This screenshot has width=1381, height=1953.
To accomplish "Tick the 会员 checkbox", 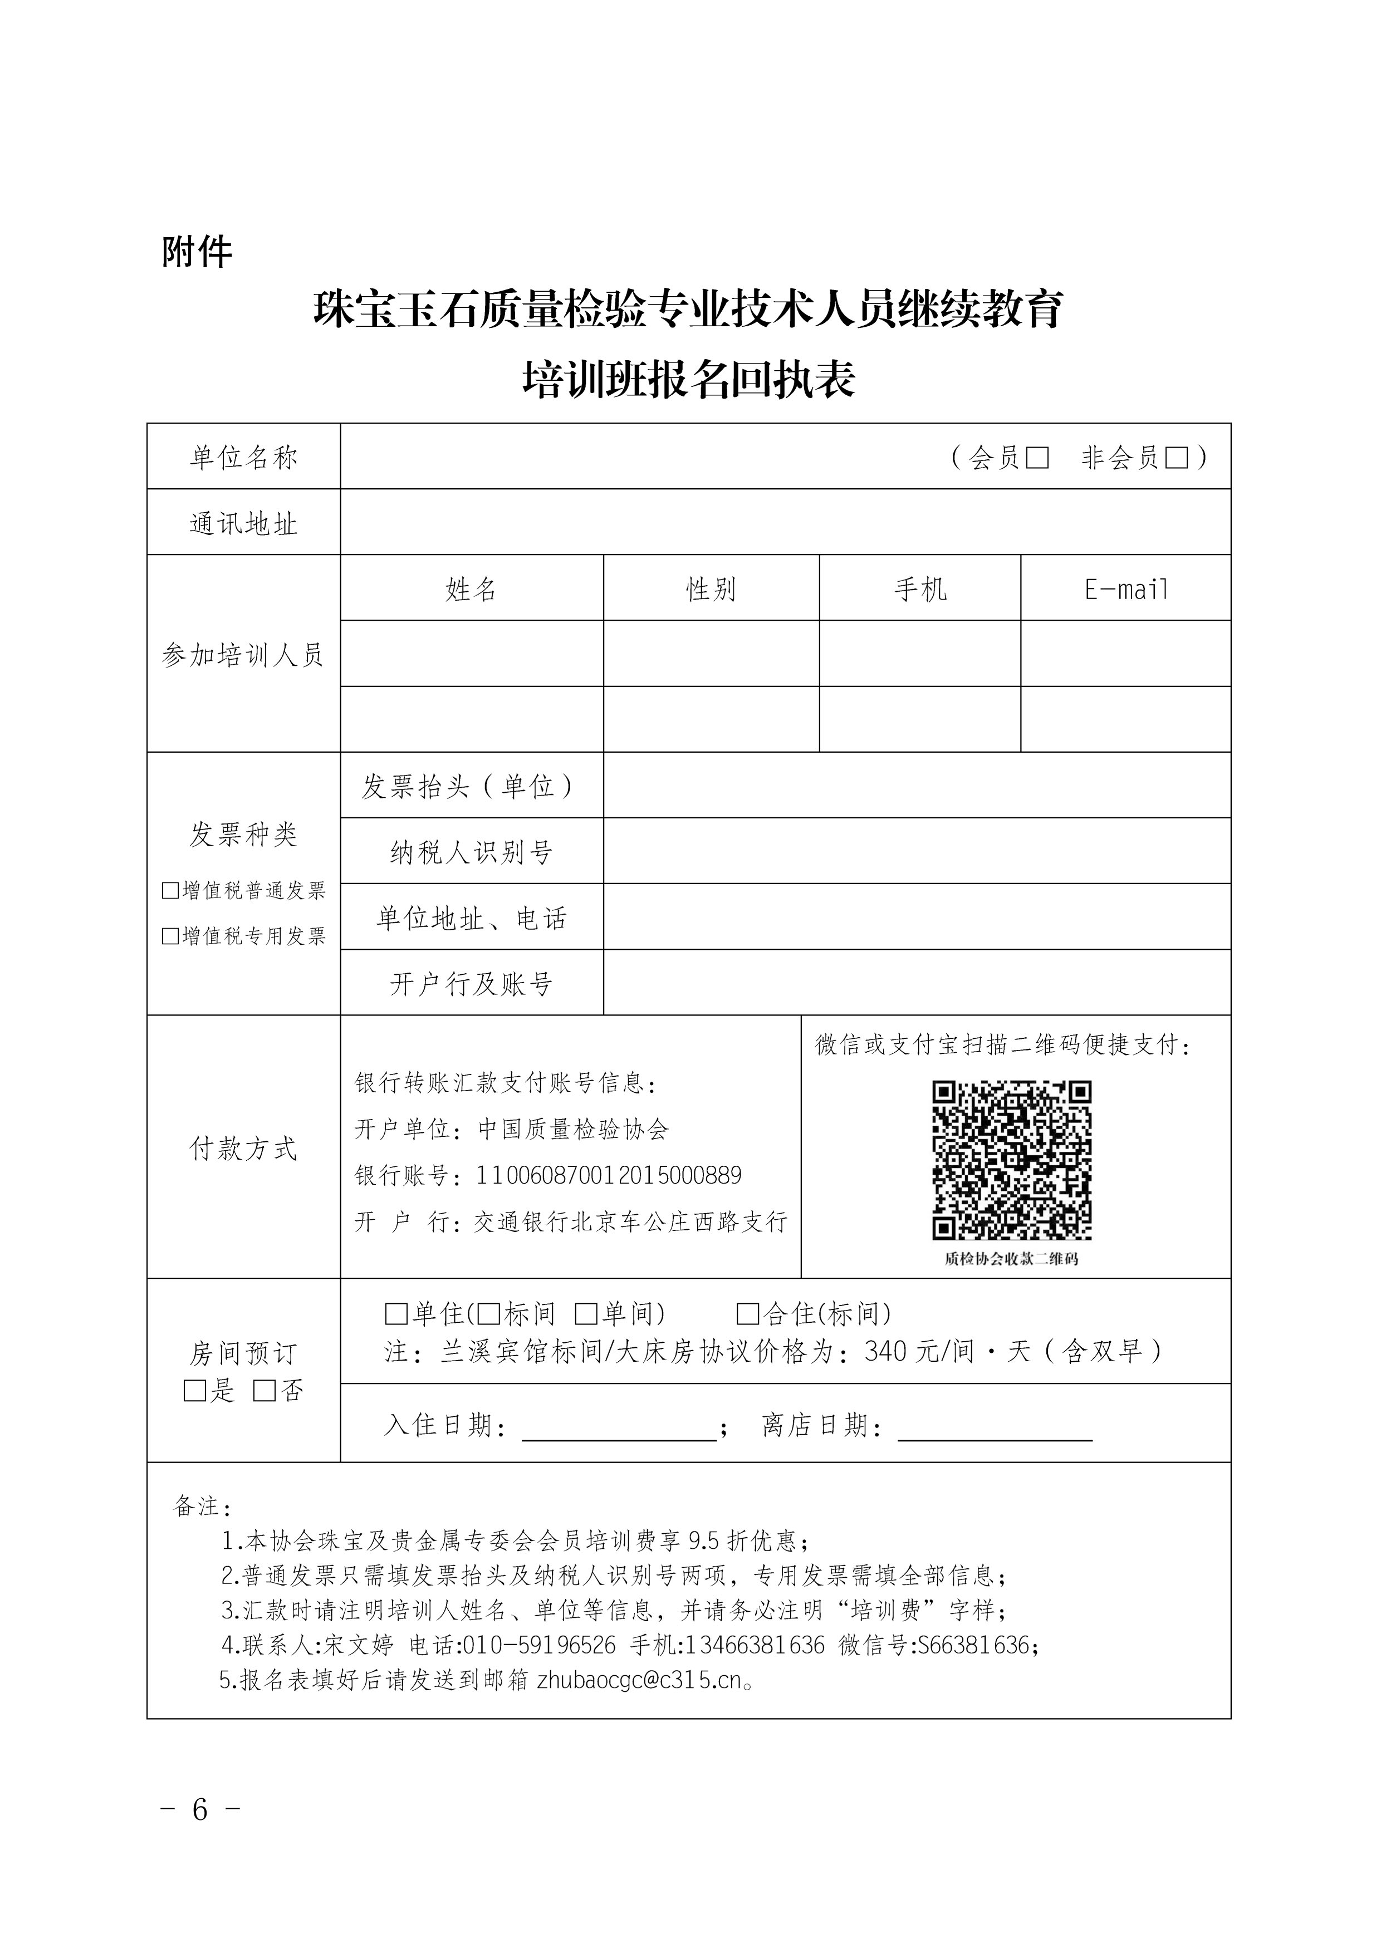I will [x=1037, y=458].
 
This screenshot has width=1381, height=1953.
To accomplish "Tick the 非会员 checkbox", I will [x=1176, y=458].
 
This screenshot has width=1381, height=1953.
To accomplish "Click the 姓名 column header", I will [x=471, y=588].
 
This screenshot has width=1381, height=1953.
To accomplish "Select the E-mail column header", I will [x=1126, y=588].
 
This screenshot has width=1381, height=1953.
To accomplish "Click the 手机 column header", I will [x=920, y=588].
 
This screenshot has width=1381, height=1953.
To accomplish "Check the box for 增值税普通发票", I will [x=170, y=891].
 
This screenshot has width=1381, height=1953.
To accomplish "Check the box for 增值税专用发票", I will [x=170, y=936].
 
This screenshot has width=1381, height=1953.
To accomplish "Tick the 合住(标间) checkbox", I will [x=748, y=1314].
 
